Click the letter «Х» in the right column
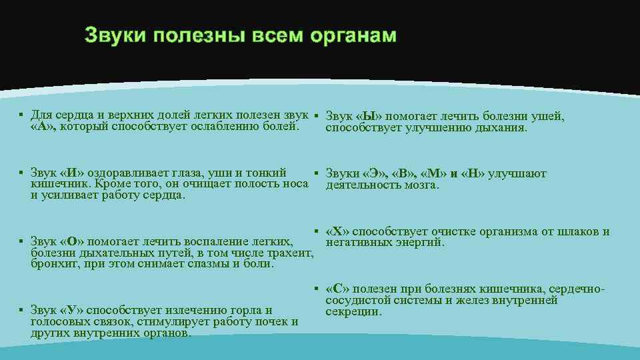(x=337, y=232)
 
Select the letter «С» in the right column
(x=337, y=289)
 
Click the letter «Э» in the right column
(x=376, y=174)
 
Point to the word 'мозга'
(x=420, y=185)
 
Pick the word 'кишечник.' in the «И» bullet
(x=56, y=184)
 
